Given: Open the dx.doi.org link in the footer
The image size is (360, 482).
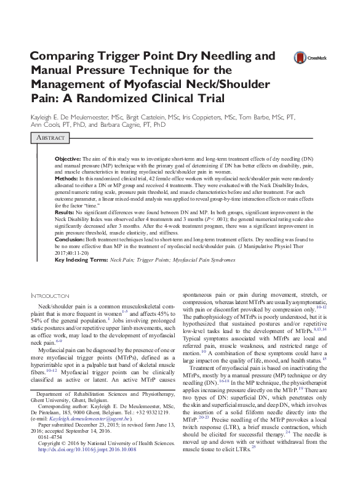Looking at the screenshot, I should pos(86,450).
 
